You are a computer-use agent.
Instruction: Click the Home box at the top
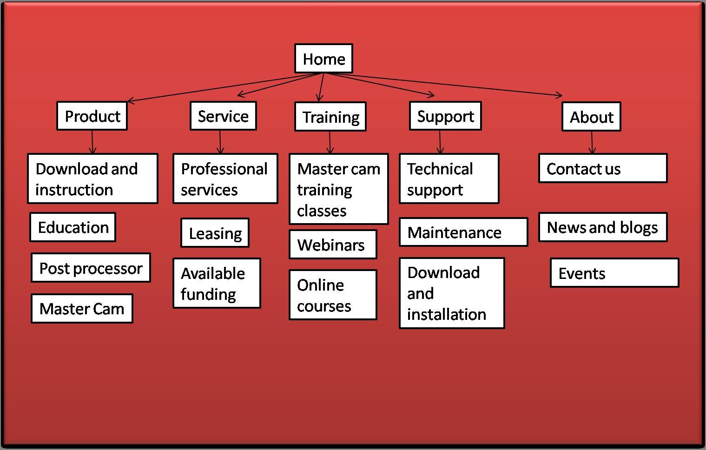(x=323, y=59)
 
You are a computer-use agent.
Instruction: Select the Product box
(x=92, y=116)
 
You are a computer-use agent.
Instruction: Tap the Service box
(x=223, y=116)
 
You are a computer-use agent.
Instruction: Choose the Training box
(x=330, y=117)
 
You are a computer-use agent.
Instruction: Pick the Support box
(x=445, y=116)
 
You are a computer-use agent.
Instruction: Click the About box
(x=591, y=117)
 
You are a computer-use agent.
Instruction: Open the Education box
(x=73, y=227)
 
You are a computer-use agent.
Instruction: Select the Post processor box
(x=91, y=268)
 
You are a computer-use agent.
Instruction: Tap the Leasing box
(x=215, y=233)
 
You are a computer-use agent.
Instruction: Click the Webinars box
(x=332, y=245)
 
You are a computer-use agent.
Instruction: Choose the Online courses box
(x=332, y=295)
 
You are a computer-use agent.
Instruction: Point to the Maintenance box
(x=463, y=232)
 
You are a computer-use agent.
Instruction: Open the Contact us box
(x=602, y=168)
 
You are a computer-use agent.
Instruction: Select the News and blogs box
(x=602, y=227)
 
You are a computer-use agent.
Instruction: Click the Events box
(x=614, y=273)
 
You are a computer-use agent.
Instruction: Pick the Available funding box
(x=217, y=283)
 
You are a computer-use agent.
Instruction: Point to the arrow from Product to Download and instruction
(x=92, y=142)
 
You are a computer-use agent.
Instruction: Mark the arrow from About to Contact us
(x=592, y=142)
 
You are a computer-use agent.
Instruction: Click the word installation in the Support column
(x=446, y=314)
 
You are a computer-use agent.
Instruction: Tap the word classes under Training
(x=322, y=211)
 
